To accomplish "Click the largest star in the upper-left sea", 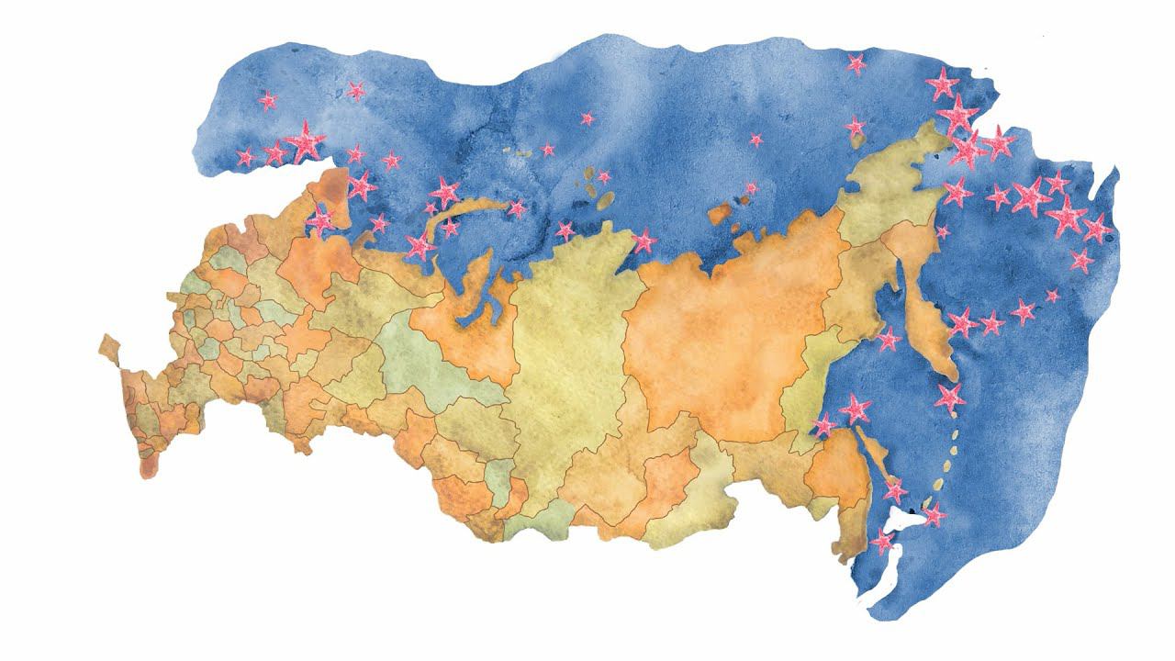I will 305,142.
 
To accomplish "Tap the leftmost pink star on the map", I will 245,158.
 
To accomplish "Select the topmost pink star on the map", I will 856,63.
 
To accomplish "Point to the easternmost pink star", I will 1097,229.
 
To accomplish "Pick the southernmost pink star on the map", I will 882,542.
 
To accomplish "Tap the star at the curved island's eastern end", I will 517,208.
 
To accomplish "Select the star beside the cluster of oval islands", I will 604,177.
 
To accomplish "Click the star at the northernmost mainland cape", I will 643,241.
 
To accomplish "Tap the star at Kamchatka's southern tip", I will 949,398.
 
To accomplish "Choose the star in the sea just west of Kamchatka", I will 888,340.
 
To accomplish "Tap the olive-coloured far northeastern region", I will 890,184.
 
